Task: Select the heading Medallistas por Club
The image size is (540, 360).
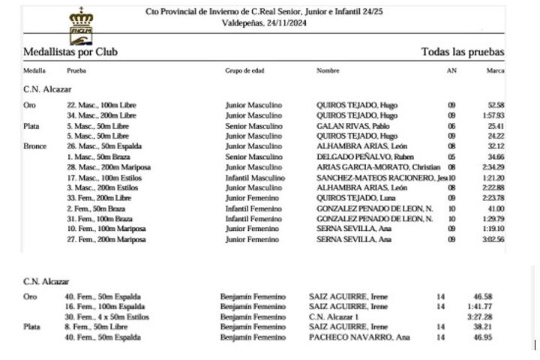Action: [x=70, y=52]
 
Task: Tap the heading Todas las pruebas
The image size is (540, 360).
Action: [x=463, y=52]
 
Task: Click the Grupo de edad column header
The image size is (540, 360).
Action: [x=244, y=71]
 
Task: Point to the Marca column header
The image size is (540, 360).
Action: [x=495, y=71]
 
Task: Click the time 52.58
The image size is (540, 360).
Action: [x=496, y=106]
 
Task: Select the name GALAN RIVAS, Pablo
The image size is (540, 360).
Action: [x=349, y=127]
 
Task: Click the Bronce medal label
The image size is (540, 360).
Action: [x=35, y=147]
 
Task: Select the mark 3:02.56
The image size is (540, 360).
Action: [x=493, y=239]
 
